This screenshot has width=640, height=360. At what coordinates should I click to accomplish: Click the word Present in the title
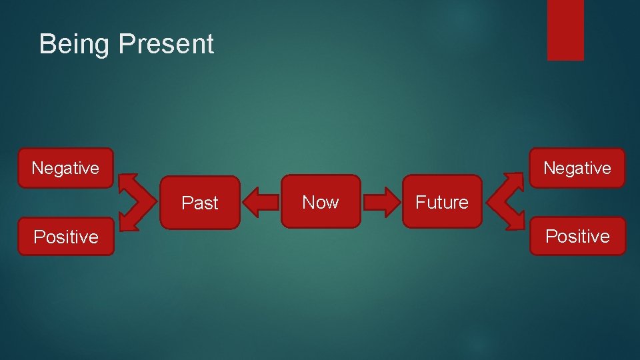pos(166,44)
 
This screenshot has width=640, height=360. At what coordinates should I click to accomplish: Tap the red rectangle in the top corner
pos(565,29)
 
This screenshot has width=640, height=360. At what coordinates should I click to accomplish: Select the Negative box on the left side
pos(65,168)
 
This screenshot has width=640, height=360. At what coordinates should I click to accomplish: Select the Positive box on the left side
pos(66,237)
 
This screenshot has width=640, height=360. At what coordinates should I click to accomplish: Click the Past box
pos(200,203)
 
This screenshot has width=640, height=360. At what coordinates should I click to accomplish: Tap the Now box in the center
pos(321,202)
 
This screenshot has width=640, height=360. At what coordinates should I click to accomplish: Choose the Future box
pos(441,202)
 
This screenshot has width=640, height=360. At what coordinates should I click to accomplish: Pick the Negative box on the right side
pos(577,168)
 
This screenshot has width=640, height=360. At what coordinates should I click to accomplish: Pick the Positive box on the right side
pos(577,236)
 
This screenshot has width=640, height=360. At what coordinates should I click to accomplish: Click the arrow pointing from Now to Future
pos(381,203)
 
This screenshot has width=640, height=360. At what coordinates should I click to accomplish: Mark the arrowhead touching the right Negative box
pos(515,181)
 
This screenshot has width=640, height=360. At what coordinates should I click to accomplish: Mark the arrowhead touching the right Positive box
pos(515,224)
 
